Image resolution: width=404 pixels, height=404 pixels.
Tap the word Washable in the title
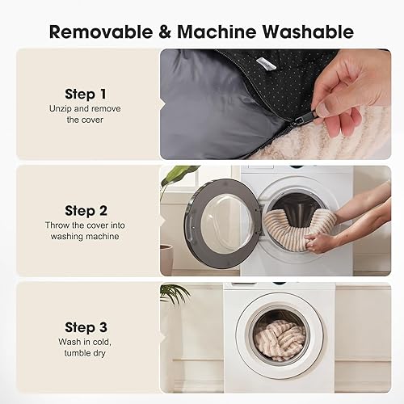click(308, 32)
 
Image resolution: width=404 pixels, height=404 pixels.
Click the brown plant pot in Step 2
click(166, 259)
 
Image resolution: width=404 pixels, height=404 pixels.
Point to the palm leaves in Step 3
click(173, 294)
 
